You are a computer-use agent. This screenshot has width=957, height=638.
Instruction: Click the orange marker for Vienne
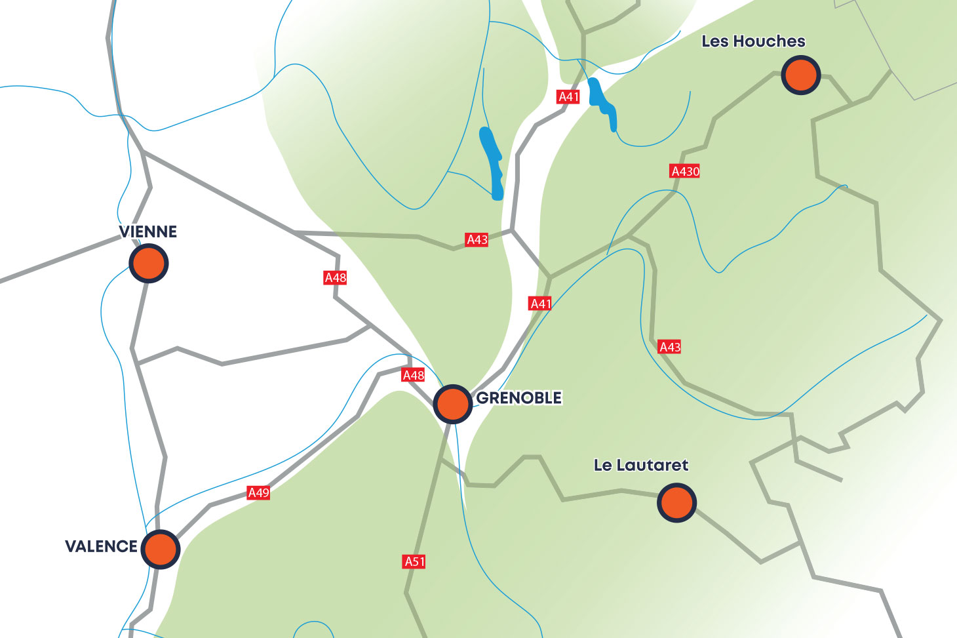click(149, 264)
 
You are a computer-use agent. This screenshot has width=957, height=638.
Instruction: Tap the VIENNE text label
click(148, 231)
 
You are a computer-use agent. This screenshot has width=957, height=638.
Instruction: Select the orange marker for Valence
click(160, 549)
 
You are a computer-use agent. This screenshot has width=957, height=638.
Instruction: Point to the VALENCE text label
click(101, 546)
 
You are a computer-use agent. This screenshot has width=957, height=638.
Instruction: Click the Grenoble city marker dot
click(452, 404)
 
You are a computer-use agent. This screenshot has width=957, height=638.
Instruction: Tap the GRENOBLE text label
click(518, 398)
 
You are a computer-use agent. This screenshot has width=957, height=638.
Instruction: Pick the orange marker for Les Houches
click(800, 75)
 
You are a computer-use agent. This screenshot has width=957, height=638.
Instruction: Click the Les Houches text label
click(753, 41)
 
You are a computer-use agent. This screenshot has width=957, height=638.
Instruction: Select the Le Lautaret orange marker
click(676, 503)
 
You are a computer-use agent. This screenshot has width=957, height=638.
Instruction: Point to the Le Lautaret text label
click(640, 466)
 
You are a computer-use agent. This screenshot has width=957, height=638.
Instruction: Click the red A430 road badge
click(685, 171)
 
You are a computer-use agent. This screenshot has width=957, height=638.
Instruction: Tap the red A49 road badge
click(258, 492)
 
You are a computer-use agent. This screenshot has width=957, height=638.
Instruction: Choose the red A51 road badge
click(414, 561)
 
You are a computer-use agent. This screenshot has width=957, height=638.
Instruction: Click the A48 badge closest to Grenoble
click(413, 375)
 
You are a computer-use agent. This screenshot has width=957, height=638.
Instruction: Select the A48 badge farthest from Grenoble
click(335, 277)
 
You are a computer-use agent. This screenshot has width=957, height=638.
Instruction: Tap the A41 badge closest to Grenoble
click(540, 304)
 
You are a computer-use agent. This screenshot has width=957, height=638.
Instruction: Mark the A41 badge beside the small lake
click(568, 97)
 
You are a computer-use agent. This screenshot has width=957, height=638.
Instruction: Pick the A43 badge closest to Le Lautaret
click(669, 347)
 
